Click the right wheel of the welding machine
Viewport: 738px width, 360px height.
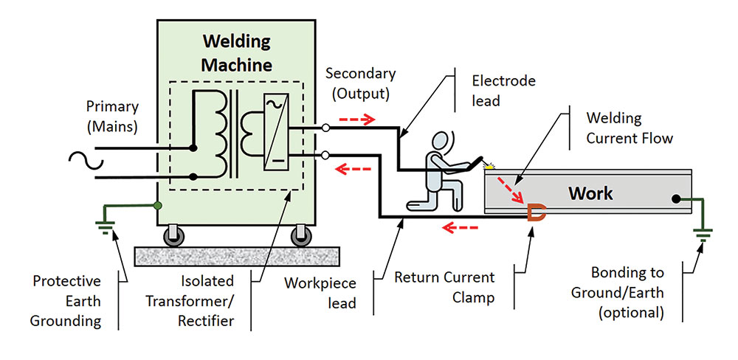click(300, 235)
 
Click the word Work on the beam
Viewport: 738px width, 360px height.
click(590, 193)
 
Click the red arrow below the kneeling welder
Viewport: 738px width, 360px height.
click(460, 227)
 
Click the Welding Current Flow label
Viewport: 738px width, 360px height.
click(624, 127)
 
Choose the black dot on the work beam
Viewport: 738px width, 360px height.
click(676, 198)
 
